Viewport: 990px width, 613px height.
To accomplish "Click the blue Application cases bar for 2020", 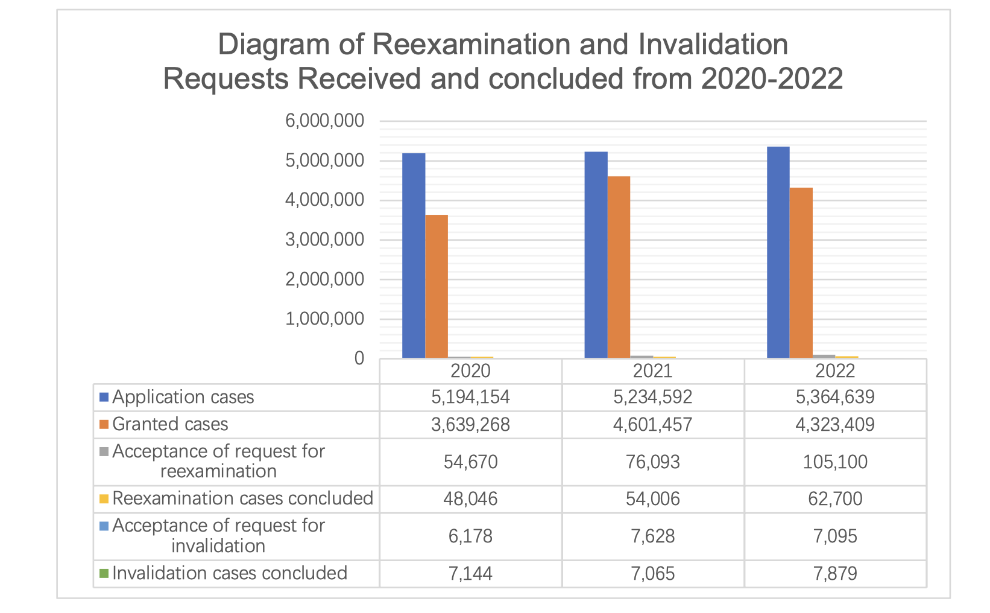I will [414, 256].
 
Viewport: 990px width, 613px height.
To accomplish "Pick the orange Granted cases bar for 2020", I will [437, 286].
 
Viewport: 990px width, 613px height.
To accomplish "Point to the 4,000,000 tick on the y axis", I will [325, 200].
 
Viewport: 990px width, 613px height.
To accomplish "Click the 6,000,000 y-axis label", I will [325, 121].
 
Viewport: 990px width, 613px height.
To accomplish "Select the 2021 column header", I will [652, 370].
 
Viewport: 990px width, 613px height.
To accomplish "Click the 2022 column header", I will [835, 370].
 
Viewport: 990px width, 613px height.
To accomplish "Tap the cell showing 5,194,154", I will [470, 397].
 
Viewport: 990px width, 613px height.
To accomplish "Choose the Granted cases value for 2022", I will [835, 424].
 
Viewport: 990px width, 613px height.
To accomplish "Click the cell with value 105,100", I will [835, 462].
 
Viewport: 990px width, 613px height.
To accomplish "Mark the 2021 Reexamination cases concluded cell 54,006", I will [652, 499].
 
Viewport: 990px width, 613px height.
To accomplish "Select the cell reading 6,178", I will [470, 536].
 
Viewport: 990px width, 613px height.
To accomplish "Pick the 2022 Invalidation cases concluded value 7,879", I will [835, 573].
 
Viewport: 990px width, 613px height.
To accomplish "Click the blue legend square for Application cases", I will [104, 397].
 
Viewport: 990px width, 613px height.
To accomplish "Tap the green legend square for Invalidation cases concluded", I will [104, 573].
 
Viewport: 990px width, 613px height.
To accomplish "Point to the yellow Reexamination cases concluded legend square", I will [104, 498].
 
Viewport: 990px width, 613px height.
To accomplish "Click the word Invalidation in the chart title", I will [713, 45].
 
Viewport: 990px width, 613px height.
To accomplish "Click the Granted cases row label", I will [170, 424].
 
